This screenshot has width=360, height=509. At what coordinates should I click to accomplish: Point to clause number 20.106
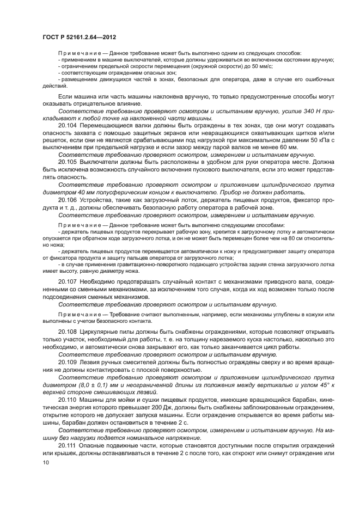68,199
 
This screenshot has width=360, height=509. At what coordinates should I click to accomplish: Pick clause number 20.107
68,281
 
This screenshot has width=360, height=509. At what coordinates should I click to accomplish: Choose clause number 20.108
68,331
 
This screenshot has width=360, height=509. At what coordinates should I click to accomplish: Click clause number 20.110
68,399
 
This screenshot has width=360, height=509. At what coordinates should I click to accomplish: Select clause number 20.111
68,445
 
